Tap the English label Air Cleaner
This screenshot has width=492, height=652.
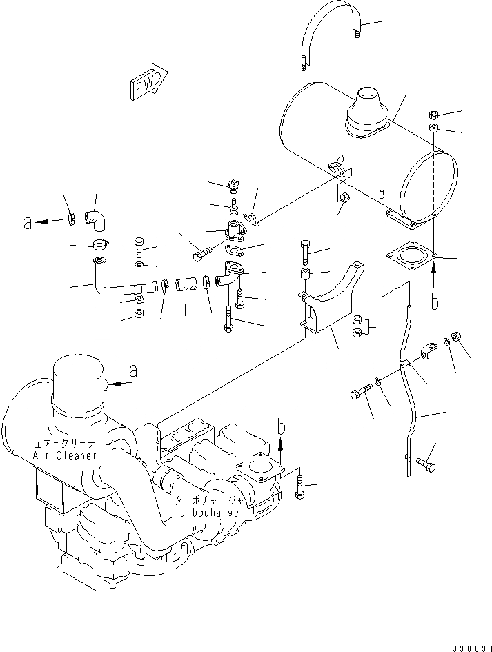click(64, 456)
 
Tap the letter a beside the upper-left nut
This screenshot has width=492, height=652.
click(27, 222)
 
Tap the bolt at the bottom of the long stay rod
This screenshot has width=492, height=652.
click(426, 466)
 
